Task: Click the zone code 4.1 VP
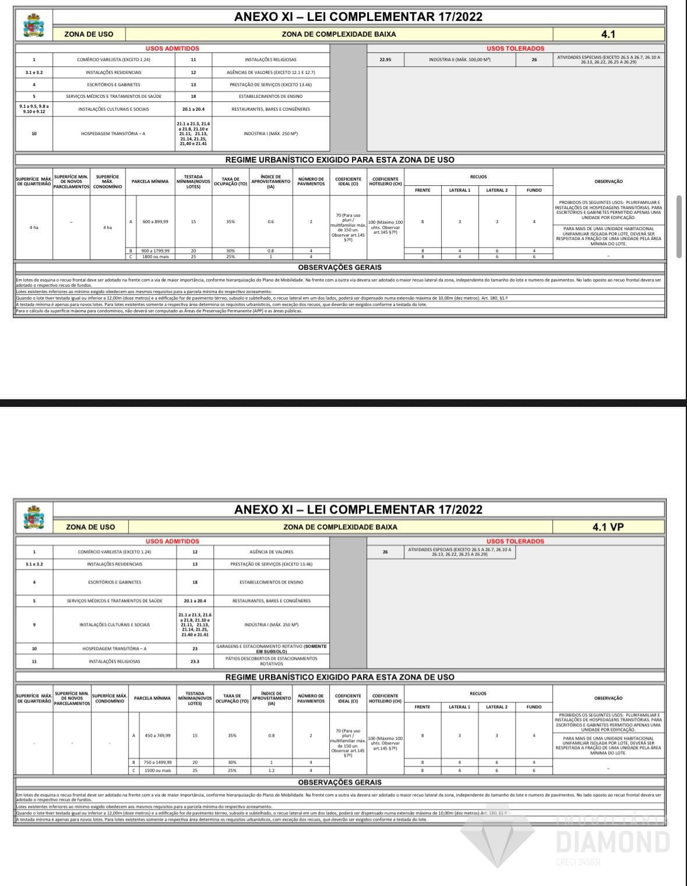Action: pyautogui.click(x=608, y=527)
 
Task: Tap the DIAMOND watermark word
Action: pyautogui.click(x=612, y=842)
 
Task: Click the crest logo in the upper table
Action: pyautogui.click(x=33, y=26)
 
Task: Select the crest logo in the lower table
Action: pyautogui.click(x=33, y=518)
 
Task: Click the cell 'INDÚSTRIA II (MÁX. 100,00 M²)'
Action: pyautogui.click(x=459, y=59)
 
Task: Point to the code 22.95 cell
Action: pyautogui.click(x=385, y=59)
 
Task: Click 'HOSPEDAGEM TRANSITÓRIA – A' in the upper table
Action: pyautogui.click(x=113, y=133)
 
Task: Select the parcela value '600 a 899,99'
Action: pyautogui.click(x=155, y=221)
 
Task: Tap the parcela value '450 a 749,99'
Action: pyautogui.click(x=157, y=736)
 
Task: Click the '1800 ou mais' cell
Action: pyautogui.click(x=155, y=256)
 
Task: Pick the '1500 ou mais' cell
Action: pyautogui.click(x=157, y=771)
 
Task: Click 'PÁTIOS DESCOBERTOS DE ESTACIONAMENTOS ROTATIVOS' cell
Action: pyautogui.click(x=272, y=661)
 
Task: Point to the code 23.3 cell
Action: pyautogui.click(x=195, y=661)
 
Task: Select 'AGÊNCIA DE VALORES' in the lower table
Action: pyautogui.click(x=272, y=551)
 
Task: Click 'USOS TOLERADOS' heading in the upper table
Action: pyautogui.click(x=515, y=48)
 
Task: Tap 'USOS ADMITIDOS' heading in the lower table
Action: pyautogui.click(x=172, y=542)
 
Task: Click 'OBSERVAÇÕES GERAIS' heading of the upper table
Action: pyautogui.click(x=340, y=268)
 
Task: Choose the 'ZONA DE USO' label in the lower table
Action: pyautogui.click(x=90, y=527)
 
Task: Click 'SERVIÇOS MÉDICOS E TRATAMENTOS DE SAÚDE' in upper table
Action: pyautogui.click(x=113, y=96)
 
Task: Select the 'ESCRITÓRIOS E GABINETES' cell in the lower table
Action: pyautogui.click(x=114, y=582)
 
